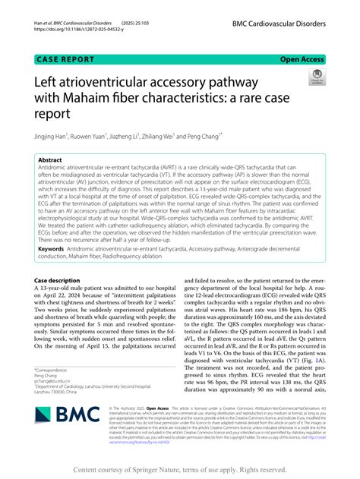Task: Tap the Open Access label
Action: point(302,58)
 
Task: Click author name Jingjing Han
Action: point(51,137)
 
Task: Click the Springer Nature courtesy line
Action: point(179,471)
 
